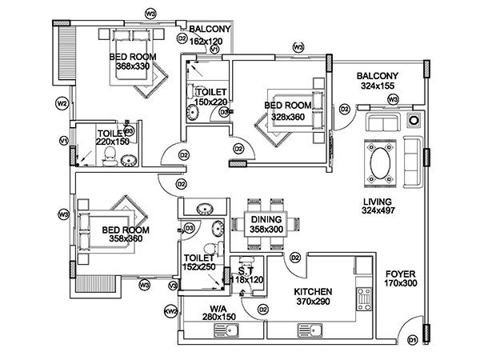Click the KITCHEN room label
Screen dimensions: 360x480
[x=313, y=292]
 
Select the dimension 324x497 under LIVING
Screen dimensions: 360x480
[x=378, y=211]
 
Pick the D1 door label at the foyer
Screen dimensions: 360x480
[x=414, y=341]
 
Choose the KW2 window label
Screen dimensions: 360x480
[x=170, y=310]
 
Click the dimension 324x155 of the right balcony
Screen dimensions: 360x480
[x=380, y=85]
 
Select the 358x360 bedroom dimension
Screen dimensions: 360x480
[x=122, y=239]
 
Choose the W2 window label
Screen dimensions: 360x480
[x=61, y=103]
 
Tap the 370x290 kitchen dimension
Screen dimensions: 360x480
[x=313, y=302]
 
